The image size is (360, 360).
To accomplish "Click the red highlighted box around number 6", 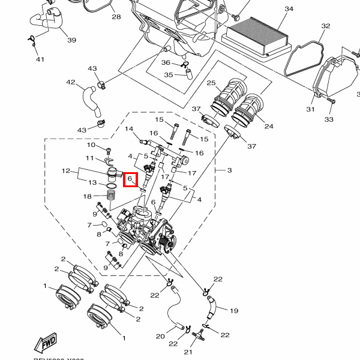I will (x=130, y=179).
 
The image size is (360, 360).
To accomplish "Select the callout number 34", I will (x=289, y=9).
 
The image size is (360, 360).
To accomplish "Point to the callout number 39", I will (x=72, y=40).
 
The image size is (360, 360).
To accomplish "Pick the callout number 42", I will (x=71, y=82).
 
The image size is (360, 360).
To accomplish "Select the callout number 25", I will (x=211, y=83).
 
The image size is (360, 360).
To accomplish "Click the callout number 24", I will (x=268, y=127).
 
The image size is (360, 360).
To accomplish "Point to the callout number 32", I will (x=326, y=26).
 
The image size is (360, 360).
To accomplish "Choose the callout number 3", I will (x=229, y=170).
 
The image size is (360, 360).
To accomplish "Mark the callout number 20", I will (x=160, y=336).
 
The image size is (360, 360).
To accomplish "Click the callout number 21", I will (x=187, y=352).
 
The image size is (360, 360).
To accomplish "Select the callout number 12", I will (x=67, y=172).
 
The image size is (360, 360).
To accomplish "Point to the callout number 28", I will (x=116, y=17).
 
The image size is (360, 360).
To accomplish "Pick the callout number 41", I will (x=40, y=59).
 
